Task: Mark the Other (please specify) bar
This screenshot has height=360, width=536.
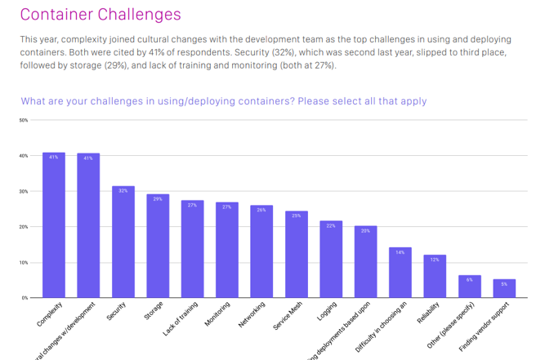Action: pos(470,287)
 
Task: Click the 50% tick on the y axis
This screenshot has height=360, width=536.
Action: pos(23,120)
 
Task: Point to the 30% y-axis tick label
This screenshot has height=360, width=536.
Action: pos(23,191)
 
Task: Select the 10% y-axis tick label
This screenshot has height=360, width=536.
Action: pos(23,263)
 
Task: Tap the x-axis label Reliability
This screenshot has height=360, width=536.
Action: pos(428,313)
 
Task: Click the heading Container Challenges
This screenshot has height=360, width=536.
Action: pos(100,15)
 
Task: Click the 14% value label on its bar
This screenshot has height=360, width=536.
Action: pos(400,252)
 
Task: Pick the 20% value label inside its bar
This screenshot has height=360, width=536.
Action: pos(365,231)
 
